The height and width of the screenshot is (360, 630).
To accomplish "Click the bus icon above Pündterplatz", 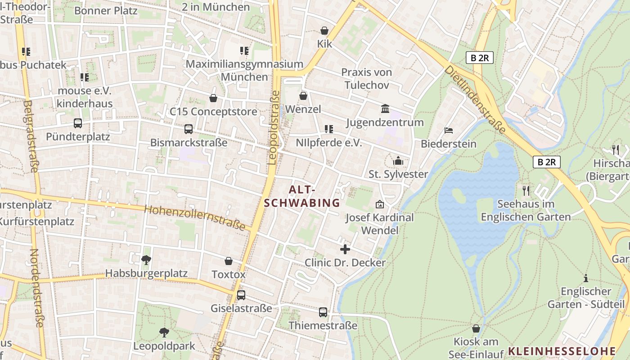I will (78, 123).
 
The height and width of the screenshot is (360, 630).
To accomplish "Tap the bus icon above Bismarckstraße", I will (189, 129).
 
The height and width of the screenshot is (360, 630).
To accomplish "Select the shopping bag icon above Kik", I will (324, 31).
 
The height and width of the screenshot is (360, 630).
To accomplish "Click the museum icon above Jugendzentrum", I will (385, 109).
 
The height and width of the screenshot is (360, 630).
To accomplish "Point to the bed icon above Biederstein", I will (449, 130).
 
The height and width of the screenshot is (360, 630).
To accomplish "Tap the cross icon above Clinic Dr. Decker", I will (345, 249).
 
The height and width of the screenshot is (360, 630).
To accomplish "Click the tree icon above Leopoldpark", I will (164, 333).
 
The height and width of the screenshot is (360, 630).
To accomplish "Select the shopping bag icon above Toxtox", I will (229, 261).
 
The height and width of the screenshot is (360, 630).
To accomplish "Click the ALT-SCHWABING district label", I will (302, 196).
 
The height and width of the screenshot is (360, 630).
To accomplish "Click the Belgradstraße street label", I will (30, 136).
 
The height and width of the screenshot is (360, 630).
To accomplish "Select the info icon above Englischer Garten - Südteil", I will (586, 278).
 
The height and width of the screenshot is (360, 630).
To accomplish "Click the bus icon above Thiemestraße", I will (323, 312).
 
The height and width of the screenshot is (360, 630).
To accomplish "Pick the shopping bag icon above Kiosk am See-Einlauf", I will (476, 328).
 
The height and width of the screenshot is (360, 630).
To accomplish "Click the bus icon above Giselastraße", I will (241, 295).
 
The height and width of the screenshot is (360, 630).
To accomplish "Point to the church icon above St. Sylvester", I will (398, 161).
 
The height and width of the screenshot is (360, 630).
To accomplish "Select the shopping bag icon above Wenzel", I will (303, 96).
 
